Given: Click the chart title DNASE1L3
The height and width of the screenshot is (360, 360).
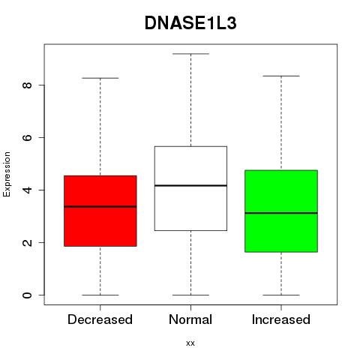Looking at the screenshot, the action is click(190, 23).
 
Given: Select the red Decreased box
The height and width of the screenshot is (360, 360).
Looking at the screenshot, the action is click(100, 211).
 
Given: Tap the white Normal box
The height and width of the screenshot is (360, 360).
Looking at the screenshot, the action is click(190, 188).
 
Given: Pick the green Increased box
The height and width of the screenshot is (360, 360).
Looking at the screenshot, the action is click(281, 211).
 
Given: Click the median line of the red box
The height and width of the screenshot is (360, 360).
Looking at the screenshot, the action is click(100, 206).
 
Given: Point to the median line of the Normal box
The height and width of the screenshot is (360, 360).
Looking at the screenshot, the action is click(190, 185).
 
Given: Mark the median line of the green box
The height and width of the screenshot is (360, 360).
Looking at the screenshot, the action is click(281, 213).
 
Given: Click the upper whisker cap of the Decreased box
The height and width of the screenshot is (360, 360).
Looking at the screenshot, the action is click(100, 78).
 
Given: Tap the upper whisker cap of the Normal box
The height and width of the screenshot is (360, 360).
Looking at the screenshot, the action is click(190, 54).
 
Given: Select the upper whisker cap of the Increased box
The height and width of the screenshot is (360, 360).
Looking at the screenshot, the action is click(281, 76).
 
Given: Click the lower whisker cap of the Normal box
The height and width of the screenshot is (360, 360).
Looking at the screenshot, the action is click(190, 295).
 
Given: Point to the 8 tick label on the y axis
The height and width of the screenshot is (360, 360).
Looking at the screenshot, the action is click(27, 85).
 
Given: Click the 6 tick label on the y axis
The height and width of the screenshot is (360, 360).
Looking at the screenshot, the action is click(27, 137).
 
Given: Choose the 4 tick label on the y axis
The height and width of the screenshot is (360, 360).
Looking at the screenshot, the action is click(27, 190).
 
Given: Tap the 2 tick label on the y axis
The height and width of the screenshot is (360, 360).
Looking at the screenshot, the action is click(27, 242).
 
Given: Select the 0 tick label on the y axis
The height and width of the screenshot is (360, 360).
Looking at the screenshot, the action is click(27, 295).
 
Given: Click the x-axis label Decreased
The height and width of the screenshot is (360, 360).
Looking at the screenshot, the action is click(100, 319).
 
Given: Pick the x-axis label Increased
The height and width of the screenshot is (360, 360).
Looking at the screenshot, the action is click(281, 319).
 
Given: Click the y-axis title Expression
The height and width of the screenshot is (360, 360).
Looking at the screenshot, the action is click(7, 174).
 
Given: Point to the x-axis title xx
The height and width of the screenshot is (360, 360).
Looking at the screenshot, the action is click(190, 343).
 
